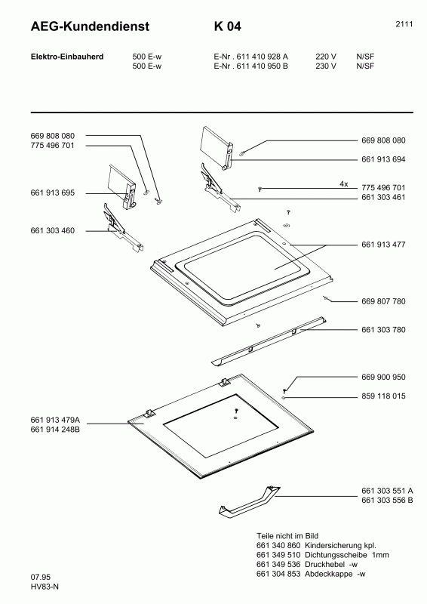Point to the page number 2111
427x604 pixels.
(x=404, y=24)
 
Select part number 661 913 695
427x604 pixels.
(x=53, y=193)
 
